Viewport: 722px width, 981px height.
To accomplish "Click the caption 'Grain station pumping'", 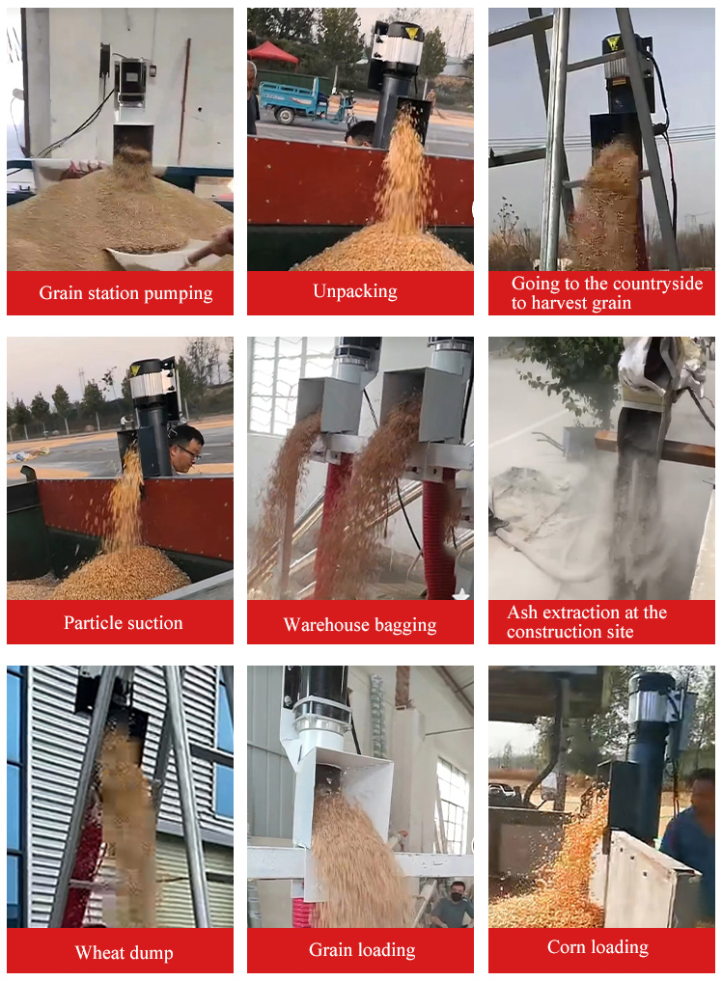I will point(125,293).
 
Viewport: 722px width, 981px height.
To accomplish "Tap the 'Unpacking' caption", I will point(354,291).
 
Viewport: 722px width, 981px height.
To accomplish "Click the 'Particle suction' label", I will point(123,623).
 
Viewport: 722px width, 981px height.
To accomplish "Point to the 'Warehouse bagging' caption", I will point(359,625).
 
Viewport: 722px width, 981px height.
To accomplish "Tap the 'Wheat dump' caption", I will point(124,953).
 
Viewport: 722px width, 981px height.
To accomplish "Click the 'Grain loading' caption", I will point(362,950).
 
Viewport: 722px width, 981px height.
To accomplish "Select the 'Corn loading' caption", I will point(597,947).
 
